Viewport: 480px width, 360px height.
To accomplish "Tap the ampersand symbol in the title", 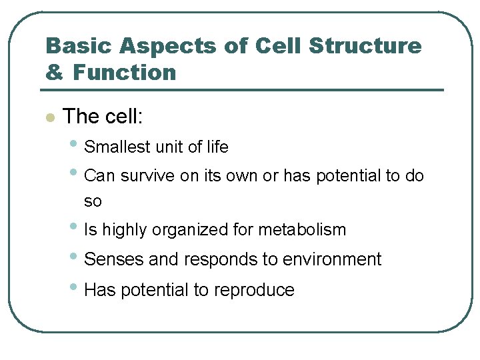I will tap(54, 72).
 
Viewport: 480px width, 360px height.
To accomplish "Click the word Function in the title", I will tap(125, 72).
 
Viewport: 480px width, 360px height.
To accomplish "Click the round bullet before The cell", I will tap(49, 118).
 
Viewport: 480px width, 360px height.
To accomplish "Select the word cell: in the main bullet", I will tap(123, 117).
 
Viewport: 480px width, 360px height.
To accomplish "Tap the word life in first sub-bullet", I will tap(217, 147).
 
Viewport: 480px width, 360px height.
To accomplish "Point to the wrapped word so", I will tap(93, 201).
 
